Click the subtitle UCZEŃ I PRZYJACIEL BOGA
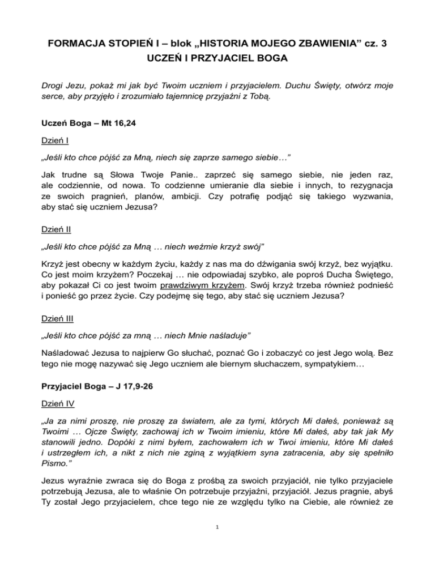click(217, 58)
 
